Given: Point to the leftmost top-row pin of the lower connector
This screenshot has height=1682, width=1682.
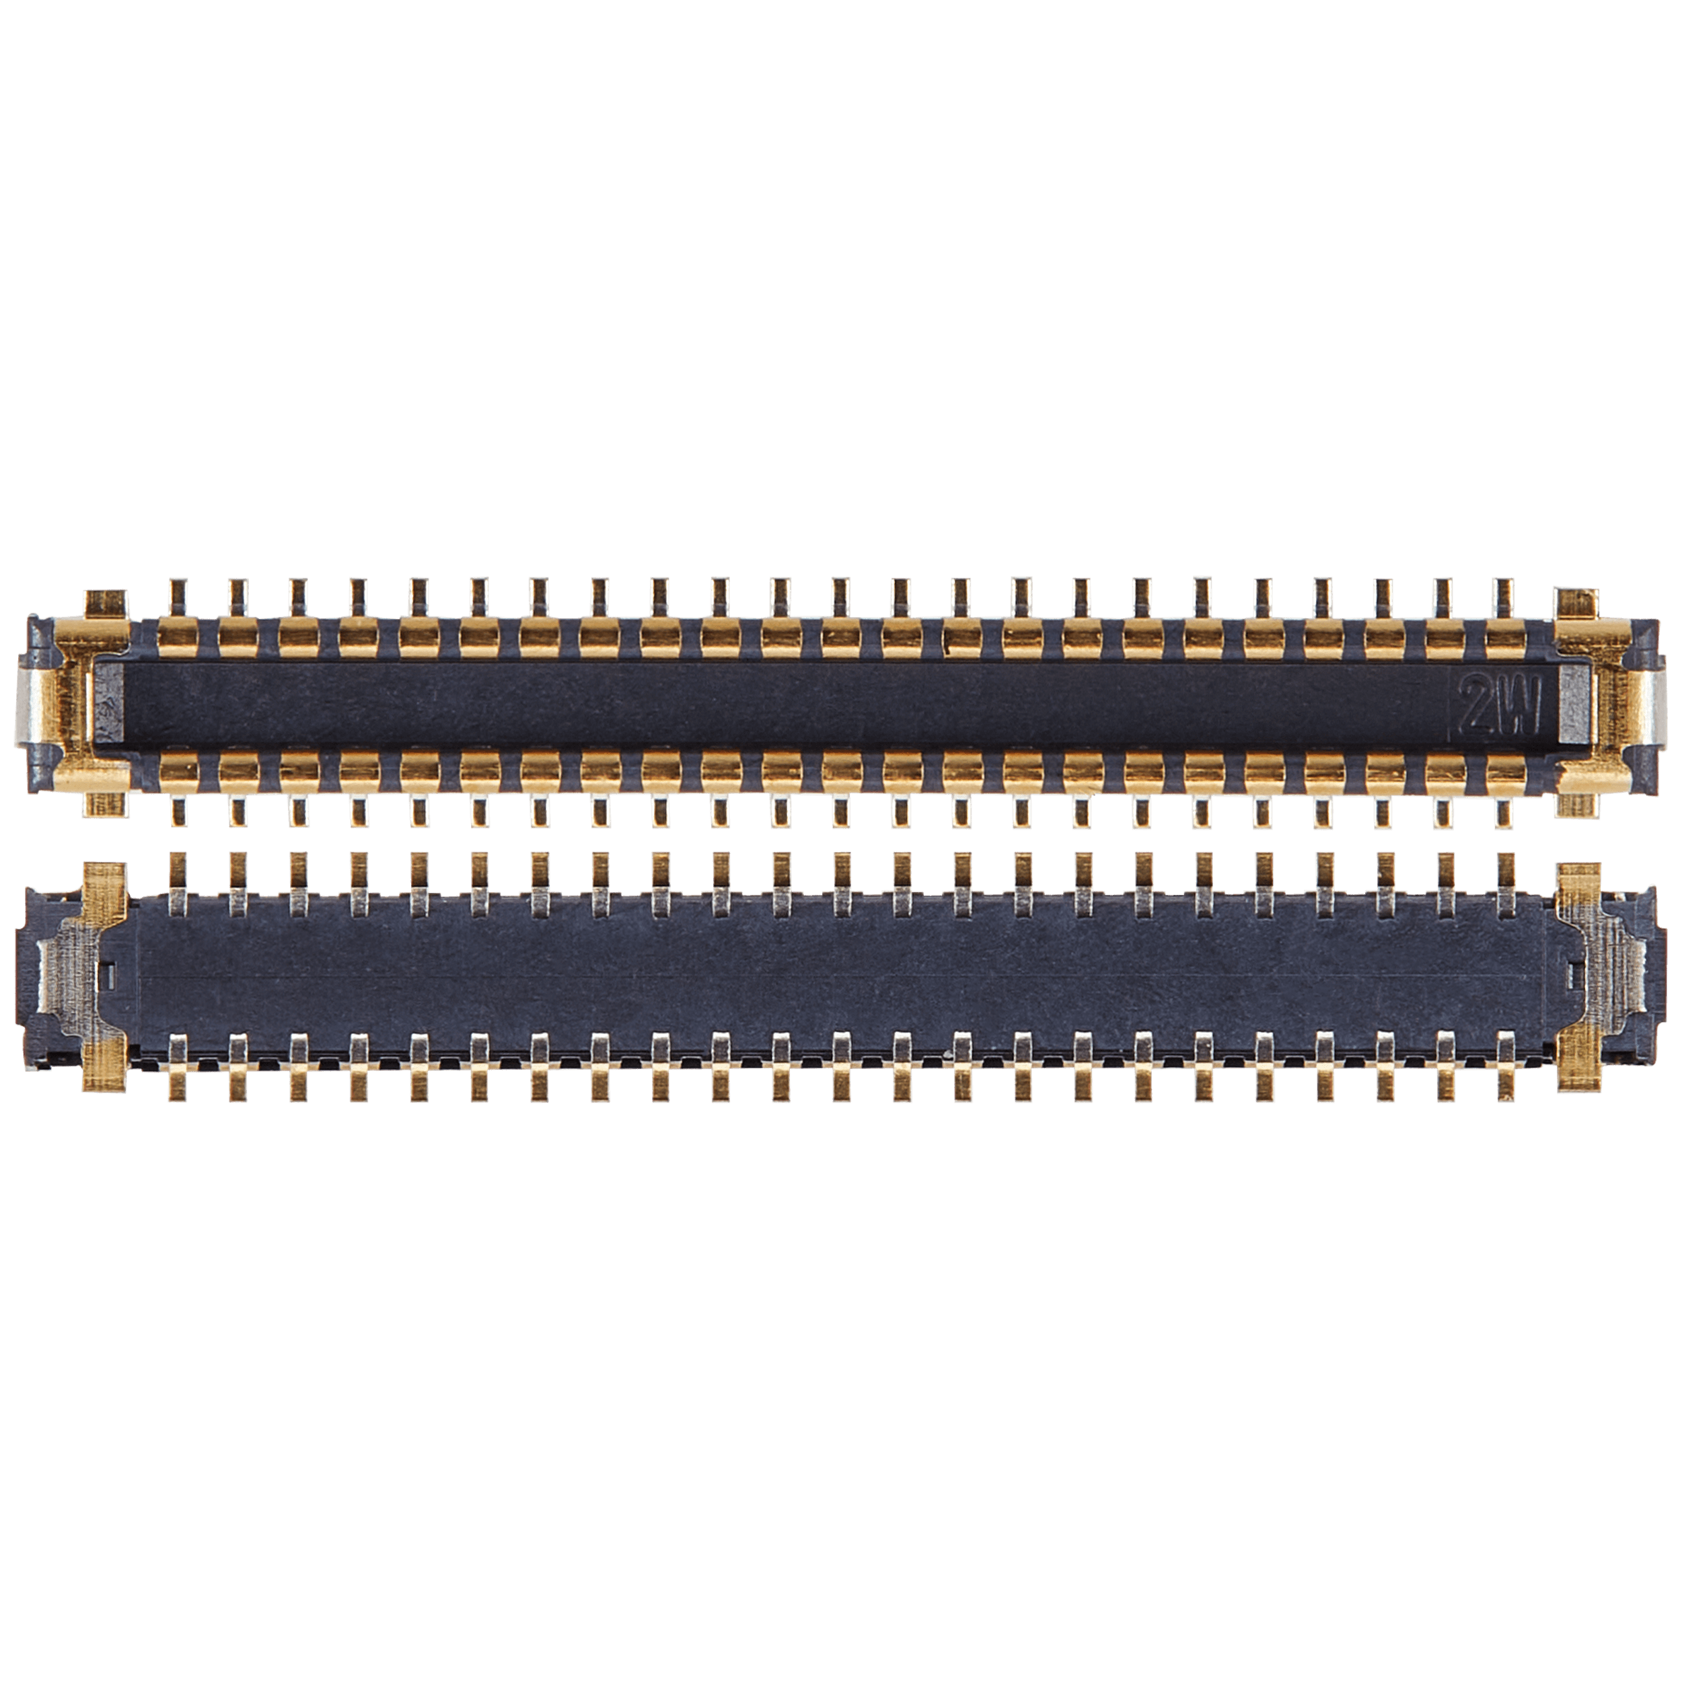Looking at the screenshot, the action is coord(178,883).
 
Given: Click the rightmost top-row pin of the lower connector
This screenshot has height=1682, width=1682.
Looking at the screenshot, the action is coord(1504,883).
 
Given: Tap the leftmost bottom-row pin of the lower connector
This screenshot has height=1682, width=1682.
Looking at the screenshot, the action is coord(178,1067).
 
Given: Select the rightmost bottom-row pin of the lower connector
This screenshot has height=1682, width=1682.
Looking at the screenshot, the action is coord(1504,1067).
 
